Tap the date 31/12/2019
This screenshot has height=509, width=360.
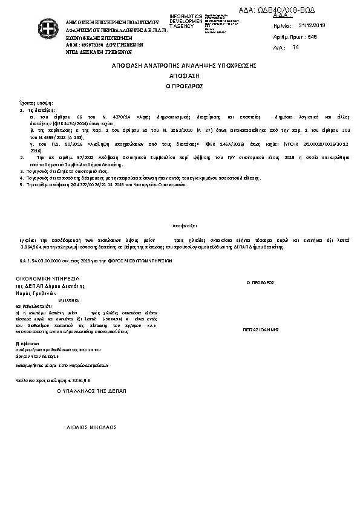(x=312, y=26)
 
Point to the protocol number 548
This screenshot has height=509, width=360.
(x=312, y=36)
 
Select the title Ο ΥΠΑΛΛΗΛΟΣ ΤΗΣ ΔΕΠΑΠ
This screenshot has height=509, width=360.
(x=91, y=392)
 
